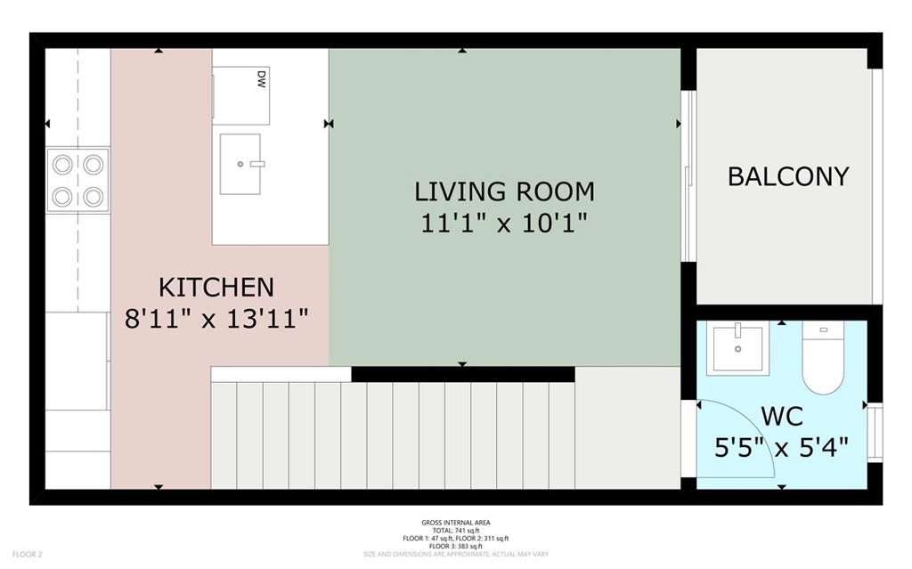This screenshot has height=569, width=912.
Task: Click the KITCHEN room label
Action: (x=216, y=287)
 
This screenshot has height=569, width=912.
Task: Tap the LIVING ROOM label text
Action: (x=504, y=191)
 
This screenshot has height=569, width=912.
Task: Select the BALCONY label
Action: (x=788, y=176)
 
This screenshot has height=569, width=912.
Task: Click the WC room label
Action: (x=781, y=416)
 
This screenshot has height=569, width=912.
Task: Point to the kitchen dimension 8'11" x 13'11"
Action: (x=216, y=318)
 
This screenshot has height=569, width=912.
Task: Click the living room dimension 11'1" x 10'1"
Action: (x=504, y=223)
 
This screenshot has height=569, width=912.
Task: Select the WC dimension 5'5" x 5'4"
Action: (x=781, y=447)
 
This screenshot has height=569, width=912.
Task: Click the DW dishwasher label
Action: (x=262, y=77)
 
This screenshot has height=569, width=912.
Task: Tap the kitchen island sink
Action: (x=240, y=163)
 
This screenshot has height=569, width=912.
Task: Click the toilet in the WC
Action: (x=823, y=361)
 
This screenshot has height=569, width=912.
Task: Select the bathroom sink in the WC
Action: (x=737, y=350)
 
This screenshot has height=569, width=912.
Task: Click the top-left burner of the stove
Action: (x=63, y=164)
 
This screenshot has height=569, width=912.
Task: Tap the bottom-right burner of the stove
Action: (x=94, y=196)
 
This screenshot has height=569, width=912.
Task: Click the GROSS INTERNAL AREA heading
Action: (x=455, y=523)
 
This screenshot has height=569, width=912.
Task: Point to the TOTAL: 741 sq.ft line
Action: (x=455, y=530)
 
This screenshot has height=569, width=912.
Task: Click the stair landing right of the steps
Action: (x=628, y=427)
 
